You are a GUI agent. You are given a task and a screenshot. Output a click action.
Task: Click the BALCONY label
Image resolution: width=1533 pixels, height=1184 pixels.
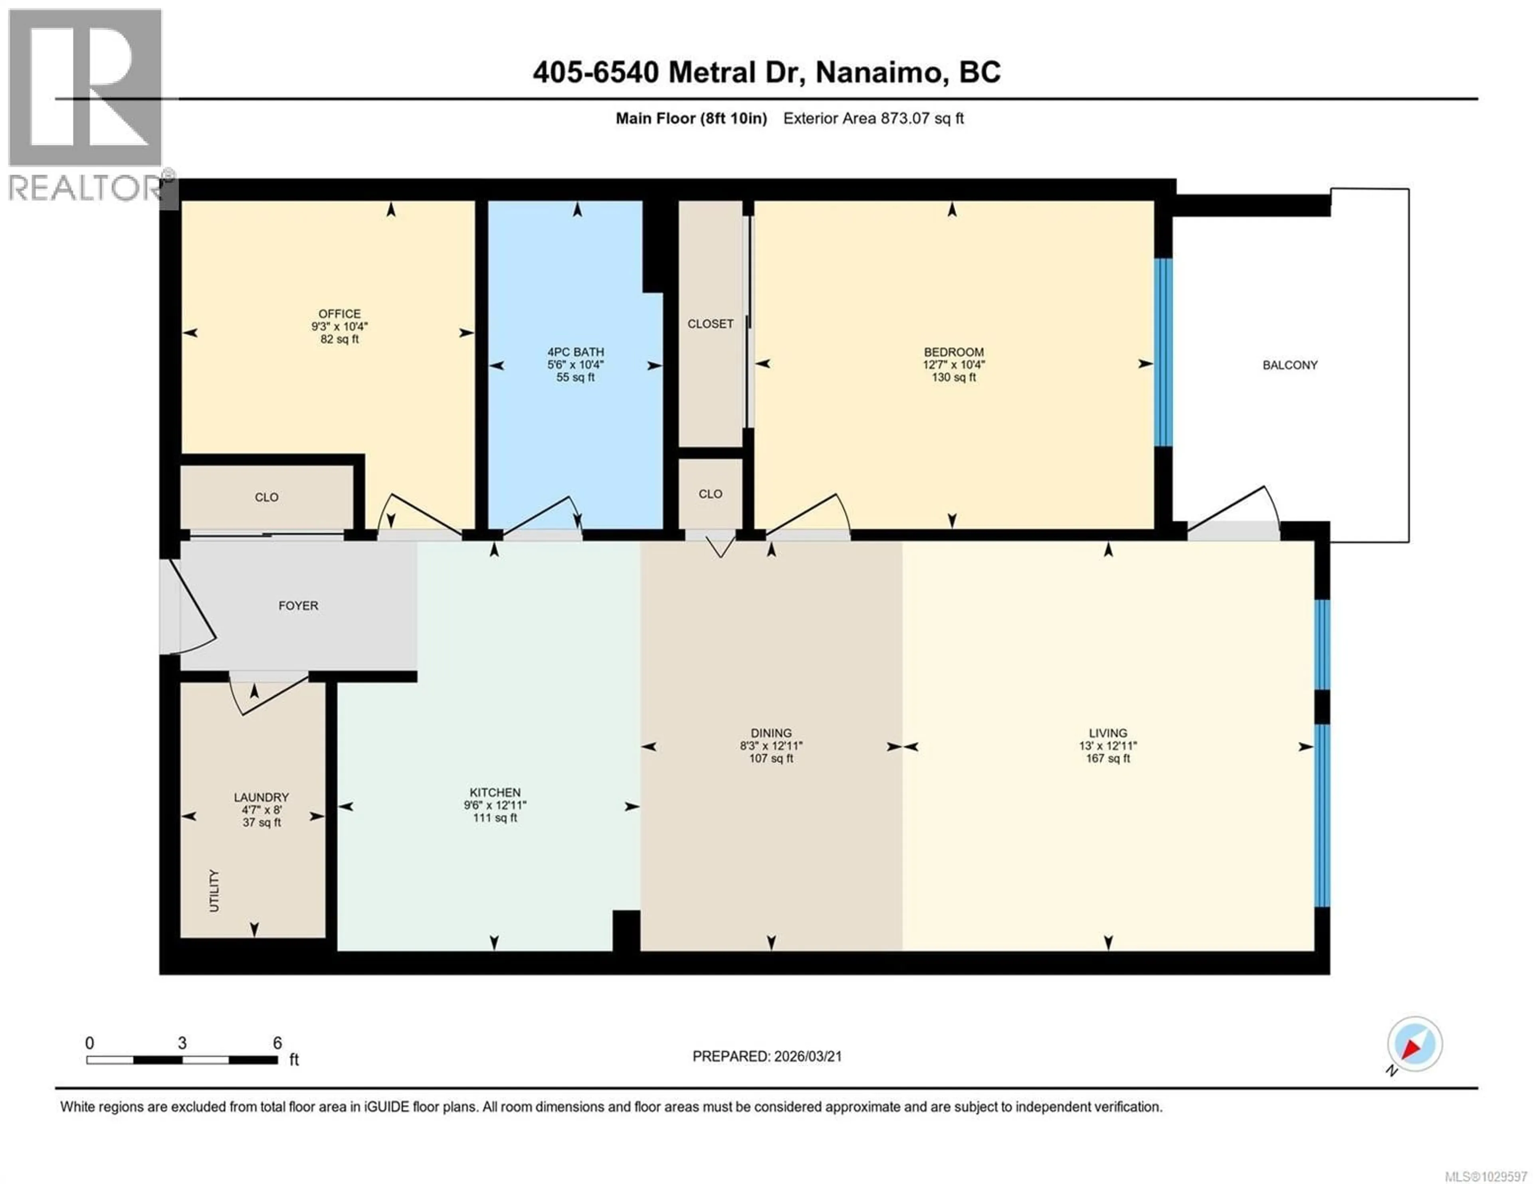[1289, 365]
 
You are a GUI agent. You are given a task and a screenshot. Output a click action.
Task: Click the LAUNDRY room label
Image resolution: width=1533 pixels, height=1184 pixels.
[261, 797]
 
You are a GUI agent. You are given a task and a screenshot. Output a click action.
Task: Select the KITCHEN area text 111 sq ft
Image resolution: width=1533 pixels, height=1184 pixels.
[495, 818]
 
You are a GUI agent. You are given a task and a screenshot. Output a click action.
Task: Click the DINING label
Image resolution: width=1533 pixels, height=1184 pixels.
[771, 733]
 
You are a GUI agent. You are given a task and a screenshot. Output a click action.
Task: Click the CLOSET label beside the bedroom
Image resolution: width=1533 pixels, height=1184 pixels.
[710, 324]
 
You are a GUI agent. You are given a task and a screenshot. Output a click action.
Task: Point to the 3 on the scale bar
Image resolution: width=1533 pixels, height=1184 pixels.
[182, 1043]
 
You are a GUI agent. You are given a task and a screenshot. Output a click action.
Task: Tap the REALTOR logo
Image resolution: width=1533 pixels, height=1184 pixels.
[86, 105]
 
